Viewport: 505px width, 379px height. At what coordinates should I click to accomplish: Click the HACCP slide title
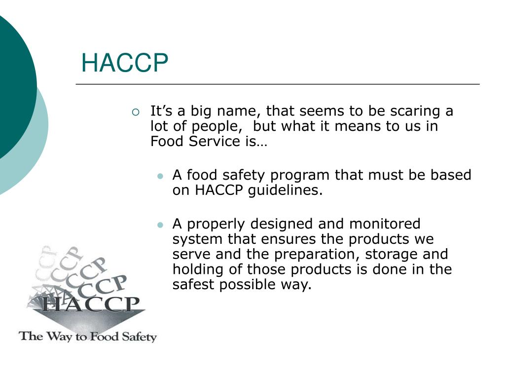click(x=124, y=63)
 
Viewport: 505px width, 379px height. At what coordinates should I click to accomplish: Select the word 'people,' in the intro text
click(x=216, y=126)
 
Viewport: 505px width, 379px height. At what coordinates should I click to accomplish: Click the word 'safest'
click(x=193, y=285)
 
